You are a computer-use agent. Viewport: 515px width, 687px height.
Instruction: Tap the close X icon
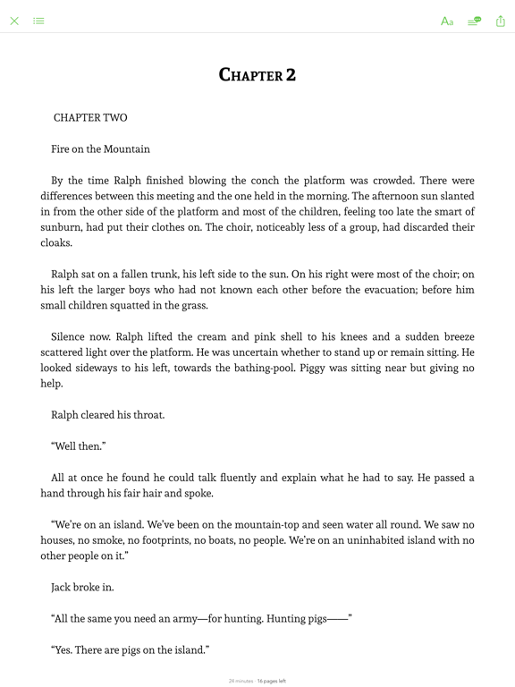point(14,21)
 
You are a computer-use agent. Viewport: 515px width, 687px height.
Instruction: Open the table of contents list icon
point(39,21)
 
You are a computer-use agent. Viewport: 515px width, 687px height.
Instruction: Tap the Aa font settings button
point(447,21)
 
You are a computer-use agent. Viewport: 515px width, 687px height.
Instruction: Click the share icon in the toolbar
point(500,21)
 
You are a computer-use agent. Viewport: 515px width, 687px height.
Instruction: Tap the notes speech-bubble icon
point(474,21)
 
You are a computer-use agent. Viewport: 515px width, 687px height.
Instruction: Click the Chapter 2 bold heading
point(257,75)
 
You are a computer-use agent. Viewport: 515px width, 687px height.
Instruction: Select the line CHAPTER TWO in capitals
point(90,118)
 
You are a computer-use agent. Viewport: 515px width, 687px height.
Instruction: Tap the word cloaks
point(55,243)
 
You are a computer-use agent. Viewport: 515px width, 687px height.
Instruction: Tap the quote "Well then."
point(80,446)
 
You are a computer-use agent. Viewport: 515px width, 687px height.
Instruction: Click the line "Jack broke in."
point(82,588)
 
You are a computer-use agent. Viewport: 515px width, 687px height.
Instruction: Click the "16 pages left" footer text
point(272,681)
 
